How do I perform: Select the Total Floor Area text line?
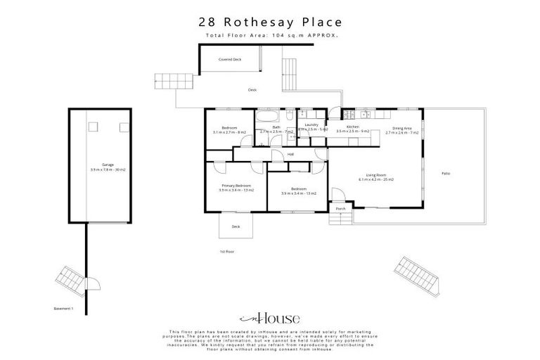point(270,35)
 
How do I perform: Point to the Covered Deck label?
point(229,60)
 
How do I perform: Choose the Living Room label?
point(376,176)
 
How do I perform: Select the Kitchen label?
point(352,127)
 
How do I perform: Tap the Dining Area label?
point(402,128)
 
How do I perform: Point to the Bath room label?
point(276,127)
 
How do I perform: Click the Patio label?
point(446,173)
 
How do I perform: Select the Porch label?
point(340,209)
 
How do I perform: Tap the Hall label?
point(290,154)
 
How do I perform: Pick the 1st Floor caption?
point(227,251)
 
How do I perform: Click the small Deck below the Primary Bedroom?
point(236,226)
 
